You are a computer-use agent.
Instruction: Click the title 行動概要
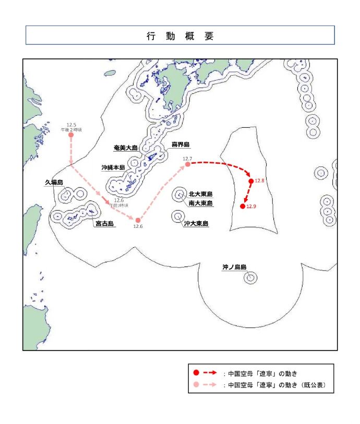click(180, 36)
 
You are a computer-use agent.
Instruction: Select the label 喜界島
click(180, 144)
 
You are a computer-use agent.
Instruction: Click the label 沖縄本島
click(113, 168)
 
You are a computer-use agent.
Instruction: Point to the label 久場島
click(54, 183)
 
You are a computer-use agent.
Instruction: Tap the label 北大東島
click(200, 194)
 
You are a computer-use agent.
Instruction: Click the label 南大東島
click(200, 203)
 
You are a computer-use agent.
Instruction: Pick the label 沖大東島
click(196, 224)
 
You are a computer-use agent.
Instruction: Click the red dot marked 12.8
click(251, 181)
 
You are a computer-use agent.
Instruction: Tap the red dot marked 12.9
click(243, 207)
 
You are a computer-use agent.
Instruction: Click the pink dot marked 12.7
click(188, 164)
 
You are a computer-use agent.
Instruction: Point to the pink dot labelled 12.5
click(71, 135)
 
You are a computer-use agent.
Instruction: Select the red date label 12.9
click(251, 207)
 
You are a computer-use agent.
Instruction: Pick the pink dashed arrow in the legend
click(210, 385)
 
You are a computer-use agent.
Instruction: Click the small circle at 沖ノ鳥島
click(250, 278)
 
